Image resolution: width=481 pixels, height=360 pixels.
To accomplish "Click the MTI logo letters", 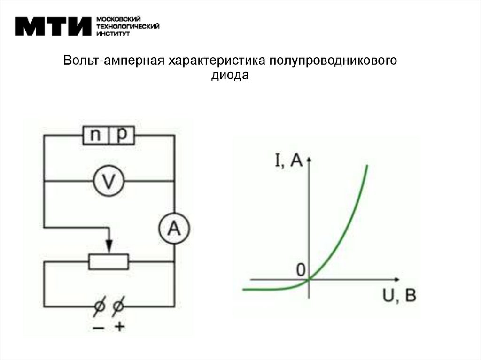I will [53, 26].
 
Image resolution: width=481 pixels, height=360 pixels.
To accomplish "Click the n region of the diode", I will [96, 136].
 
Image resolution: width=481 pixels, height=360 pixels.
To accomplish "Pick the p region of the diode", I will [122, 136].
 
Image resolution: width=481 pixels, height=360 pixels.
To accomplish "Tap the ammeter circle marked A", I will [173, 229].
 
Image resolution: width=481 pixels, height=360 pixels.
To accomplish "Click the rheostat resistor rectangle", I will [109, 262].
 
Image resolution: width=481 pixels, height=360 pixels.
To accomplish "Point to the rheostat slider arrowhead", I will [109, 247].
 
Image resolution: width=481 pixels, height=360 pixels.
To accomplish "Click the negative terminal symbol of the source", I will [99, 307].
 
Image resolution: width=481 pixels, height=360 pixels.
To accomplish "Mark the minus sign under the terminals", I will [99, 328].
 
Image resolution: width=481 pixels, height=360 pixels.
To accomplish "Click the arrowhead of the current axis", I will [309, 161].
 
